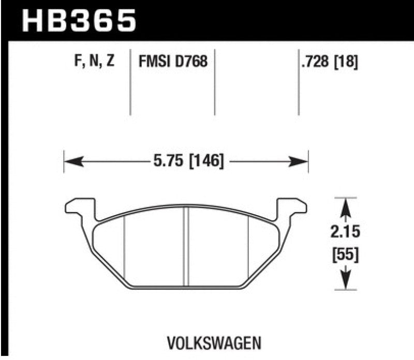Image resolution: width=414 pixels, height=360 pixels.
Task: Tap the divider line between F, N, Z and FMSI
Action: tap(129, 83)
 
